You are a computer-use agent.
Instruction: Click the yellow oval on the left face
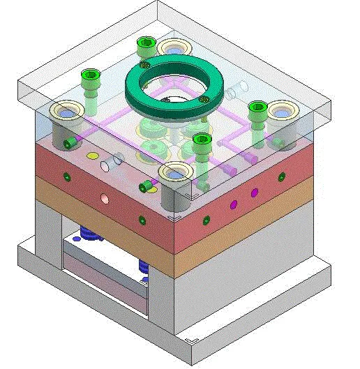coord(92,156)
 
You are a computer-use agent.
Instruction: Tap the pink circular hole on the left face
coord(103,198)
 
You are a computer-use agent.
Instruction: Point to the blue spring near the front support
coord(144,266)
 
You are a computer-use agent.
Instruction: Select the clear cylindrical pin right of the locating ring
coord(239,88)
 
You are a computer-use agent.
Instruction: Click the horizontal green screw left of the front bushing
coord(148,186)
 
